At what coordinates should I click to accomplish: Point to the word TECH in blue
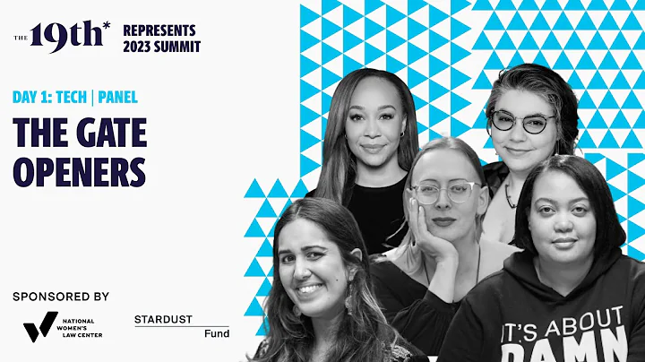(72, 98)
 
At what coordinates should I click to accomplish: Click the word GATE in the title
(107, 132)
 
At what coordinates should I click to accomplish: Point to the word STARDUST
(169, 319)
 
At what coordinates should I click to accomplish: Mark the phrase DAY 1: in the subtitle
(32, 98)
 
